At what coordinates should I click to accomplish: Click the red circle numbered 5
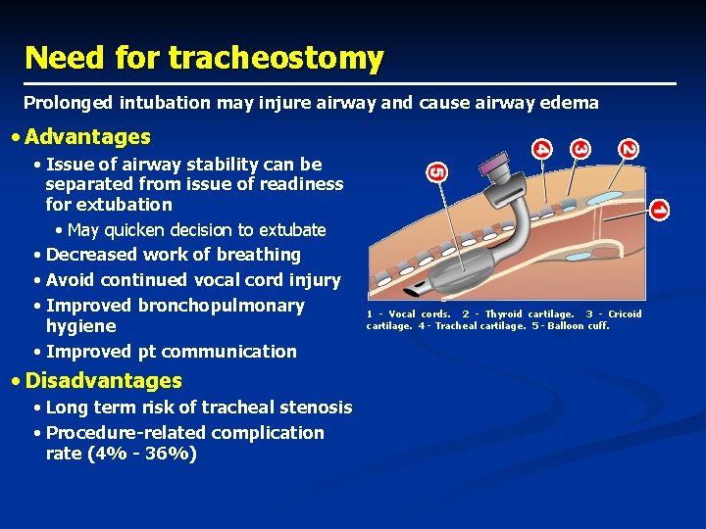coord(437,171)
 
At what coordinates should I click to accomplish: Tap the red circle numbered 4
coord(541,149)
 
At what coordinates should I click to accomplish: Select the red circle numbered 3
coord(580,149)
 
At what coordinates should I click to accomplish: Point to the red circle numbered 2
coord(628,149)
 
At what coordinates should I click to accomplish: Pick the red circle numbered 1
coord(659,210)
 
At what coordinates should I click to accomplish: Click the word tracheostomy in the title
coord(276,58)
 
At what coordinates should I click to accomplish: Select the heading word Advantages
coord(88,137)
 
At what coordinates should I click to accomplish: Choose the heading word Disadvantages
coord(104,380)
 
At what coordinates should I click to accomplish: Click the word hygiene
coord(81,326)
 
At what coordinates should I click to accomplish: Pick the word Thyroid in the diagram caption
coord(504,314)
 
